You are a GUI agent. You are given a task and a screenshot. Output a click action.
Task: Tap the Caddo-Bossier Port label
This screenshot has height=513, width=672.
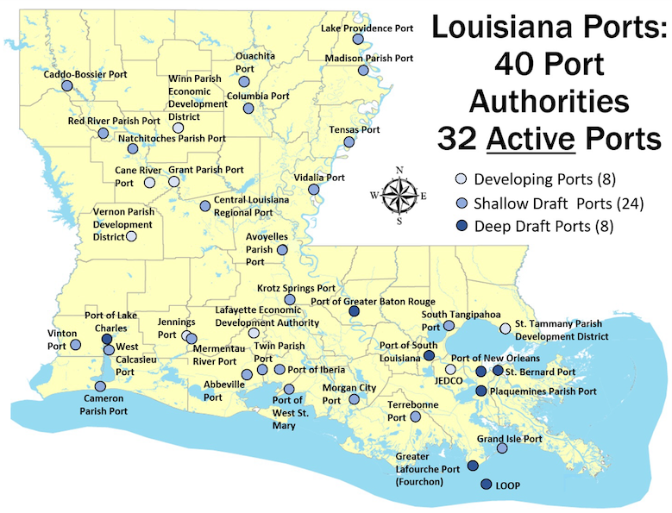pyautogui.click(x=85, y=75)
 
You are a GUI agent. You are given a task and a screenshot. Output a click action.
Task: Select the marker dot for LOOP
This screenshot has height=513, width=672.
pyautogui.click(x=486, y=485)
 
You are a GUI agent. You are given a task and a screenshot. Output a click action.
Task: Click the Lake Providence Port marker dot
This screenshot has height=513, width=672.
pyautogui.click(x=358, y=39)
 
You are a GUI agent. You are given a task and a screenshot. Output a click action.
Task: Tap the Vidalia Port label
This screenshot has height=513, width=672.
pyautogui.click(x=320, y=177)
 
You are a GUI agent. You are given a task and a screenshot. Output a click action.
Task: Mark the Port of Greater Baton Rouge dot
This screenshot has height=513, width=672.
pyautogui.click(x=355, y=311)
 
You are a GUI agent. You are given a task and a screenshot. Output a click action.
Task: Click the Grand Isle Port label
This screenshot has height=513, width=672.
pyautogui.click(x=510, y=439)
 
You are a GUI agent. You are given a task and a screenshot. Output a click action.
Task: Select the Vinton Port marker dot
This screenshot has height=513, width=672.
pyautogui.click(x=75, y=345)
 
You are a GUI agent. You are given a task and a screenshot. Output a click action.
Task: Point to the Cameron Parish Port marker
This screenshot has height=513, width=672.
pyautogui.click(x=100, y=386)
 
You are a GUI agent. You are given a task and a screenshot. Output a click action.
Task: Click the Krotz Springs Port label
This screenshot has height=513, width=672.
pyautogui.click(x=296, y=287)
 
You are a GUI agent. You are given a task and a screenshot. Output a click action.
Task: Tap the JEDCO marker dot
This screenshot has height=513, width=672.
pyautogui.click(x=450, y=369)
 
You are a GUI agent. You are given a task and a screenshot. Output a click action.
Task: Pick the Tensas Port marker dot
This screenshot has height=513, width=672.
pyautogui.click(x=349, y=142)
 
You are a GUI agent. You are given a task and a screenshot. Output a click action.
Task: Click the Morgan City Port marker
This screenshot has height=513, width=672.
pyautogui.click(x=354, y=399)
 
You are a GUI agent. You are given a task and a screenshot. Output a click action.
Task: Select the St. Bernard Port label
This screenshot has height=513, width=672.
pyautogui.click(x=541, y=372)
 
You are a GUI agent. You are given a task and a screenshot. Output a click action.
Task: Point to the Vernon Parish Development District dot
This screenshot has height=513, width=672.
pyautogui.click(x=131, y=236)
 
